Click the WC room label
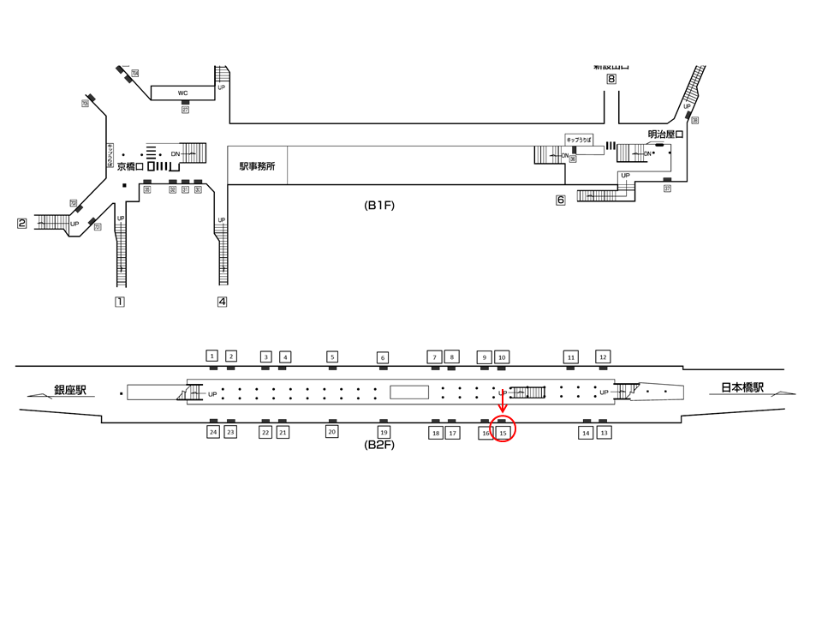point(182,93)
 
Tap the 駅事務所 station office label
point(257,166)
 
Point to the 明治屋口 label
point(665,135)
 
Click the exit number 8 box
point(611,80)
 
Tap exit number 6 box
point(561,201)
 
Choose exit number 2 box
point(22,224)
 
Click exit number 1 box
point(120,302)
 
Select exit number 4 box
point(222,302)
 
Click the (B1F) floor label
point(378,206)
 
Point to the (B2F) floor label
point(378,446)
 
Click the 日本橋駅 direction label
point(741,388)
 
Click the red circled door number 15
point(503,433)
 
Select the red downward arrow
point(502,404)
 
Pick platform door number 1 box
point(212,356)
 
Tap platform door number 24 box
point(212,432)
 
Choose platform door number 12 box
point(603,356)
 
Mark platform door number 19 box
point(384,432)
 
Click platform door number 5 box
point(332,356)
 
